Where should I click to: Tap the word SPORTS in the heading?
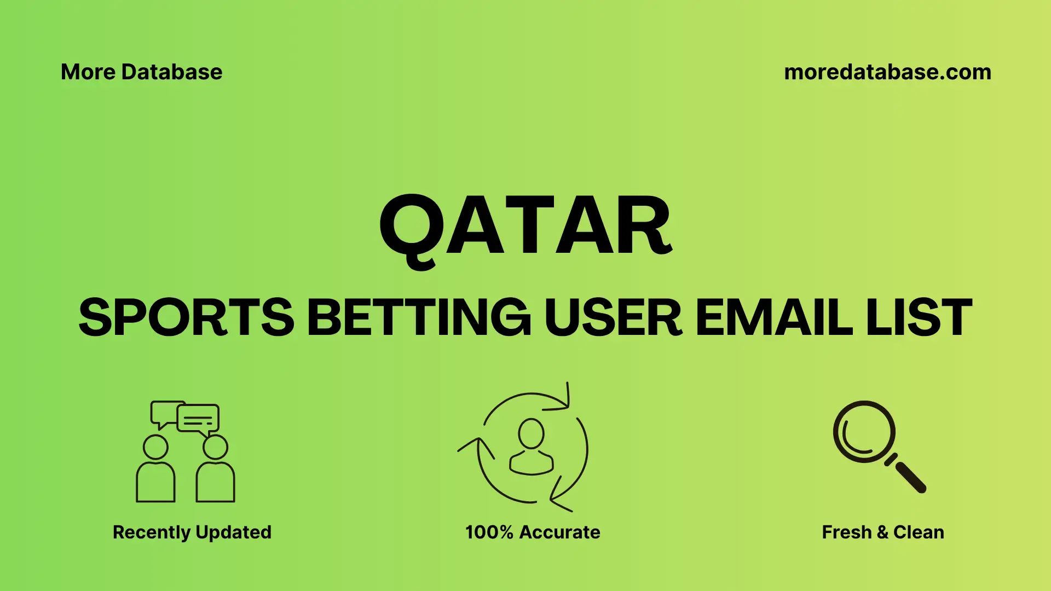coord(186,317)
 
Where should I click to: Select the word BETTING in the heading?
coord(419,317)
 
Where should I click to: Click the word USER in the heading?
coord(613,317)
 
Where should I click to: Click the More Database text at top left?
coord(141,72)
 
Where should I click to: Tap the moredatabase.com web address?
coord(887,72)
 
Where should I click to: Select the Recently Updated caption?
coord(192,532)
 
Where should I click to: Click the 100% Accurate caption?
coord(533,532)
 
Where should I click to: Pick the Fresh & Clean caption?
coord(882,532)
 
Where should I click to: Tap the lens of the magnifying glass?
coord(864,432)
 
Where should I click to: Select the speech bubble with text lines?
coord(198,419)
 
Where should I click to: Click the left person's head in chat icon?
coord(155,447)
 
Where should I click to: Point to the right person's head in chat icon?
coord(215,447)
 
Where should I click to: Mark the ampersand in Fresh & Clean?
coord(882,532)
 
